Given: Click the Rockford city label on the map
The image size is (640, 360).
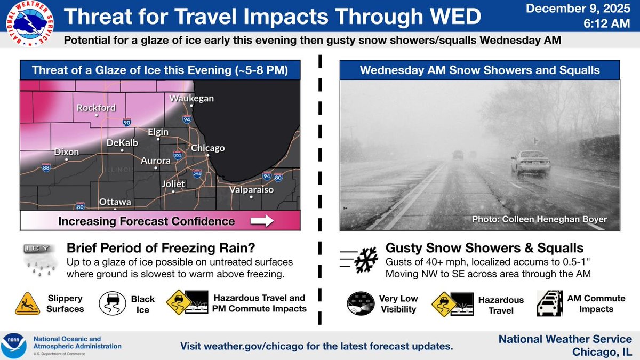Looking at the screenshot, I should tap(96, 108).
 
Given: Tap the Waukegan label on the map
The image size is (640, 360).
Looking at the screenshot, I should tap(191, 98).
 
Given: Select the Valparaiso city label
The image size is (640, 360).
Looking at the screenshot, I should tap(251, 190).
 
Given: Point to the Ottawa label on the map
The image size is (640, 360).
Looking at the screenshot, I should tap(114, 203).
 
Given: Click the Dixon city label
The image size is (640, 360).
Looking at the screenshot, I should tap(67, 152).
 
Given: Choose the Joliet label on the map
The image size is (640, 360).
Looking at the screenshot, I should tap(173, 184).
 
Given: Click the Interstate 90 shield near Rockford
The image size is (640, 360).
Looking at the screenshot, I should tap(126, 122).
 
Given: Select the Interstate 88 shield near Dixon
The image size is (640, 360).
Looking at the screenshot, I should tap(46, 168).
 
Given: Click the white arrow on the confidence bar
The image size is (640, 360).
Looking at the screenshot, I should tap(261, 221).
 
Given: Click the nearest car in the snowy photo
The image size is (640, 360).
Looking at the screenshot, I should tap(530, 162).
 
